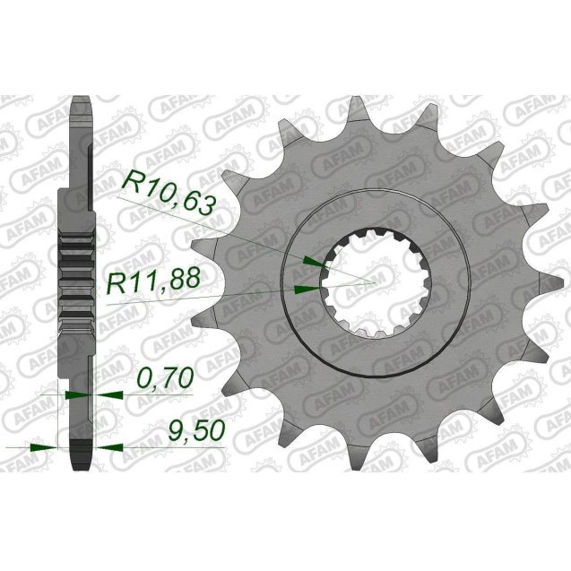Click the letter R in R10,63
click(132, 186)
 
